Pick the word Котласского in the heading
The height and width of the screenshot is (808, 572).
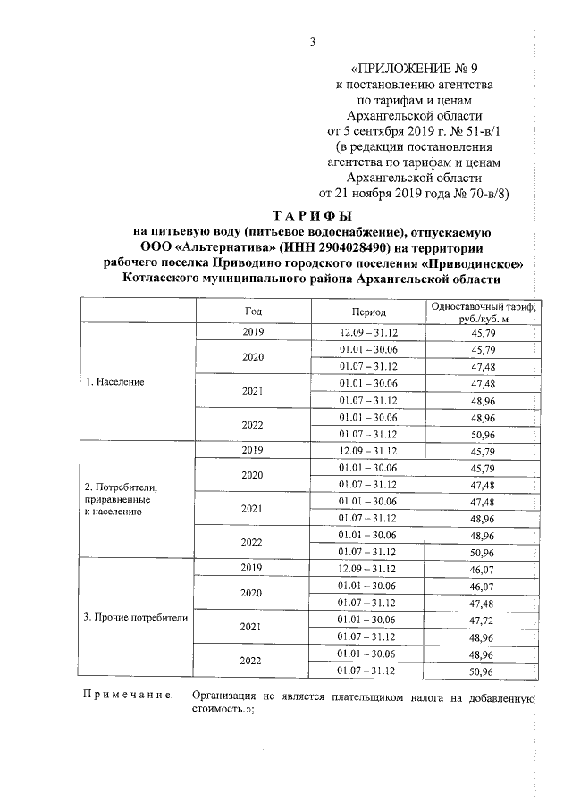(x=172, y=279)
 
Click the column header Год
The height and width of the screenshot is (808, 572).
(x=253, y=312)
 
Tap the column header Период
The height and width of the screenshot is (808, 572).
(x=367, y=312)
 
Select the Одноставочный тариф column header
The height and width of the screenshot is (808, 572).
(x=481, y=312)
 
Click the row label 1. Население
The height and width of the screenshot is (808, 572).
(x=114, y=382)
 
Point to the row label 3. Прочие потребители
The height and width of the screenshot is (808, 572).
(x=137, y=617)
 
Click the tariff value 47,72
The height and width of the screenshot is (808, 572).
(x=481, y=618)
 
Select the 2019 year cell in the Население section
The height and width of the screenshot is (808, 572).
(x=253, y=332)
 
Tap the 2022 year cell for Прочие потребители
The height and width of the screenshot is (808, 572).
(x=253, y=661)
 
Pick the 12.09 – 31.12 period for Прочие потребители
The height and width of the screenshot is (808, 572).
(x=367, y=568)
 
